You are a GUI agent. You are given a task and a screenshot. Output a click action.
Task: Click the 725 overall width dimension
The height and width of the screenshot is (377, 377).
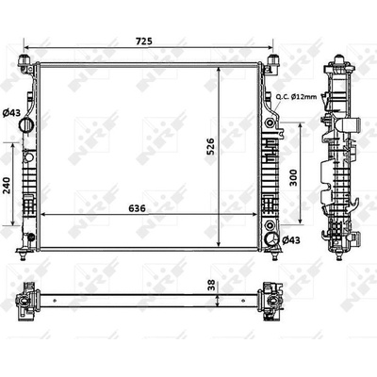tap(144, 41)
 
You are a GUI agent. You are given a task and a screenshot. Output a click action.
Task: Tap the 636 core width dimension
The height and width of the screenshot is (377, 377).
tap(138, 208)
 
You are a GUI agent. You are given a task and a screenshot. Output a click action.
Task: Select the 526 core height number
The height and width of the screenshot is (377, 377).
tap(210, 146)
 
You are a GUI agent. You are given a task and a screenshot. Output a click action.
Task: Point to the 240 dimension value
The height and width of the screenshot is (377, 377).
tap(8, 186)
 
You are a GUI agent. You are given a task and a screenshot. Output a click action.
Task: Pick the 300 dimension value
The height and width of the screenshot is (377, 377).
tap(293, 177)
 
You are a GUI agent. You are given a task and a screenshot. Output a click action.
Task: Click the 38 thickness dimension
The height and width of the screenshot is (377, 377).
tap(212, 285)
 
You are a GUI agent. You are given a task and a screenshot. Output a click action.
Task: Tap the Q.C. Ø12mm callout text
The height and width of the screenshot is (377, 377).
tap(296, 97)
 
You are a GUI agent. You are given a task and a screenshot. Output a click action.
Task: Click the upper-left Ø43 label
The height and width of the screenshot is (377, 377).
tap(11, 112)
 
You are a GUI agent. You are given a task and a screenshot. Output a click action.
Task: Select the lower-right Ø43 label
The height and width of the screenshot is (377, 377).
tap(291, 240)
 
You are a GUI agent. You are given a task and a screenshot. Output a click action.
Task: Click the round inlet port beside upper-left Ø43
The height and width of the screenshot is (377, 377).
tap(25, 125)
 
